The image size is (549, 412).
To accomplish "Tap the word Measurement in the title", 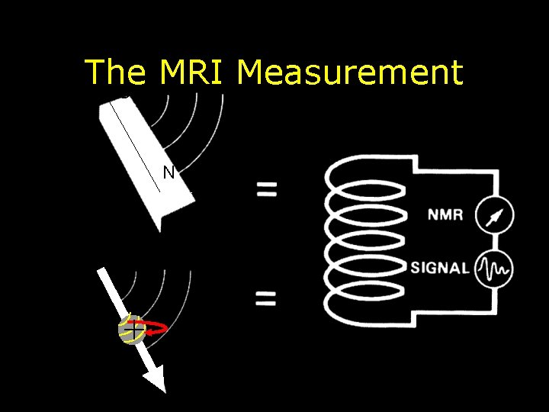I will (x=350, y=72).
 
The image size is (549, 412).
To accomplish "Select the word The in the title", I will (x=115, y=72).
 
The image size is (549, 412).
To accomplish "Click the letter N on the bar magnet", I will (x=169, y=172).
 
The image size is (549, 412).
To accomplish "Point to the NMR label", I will (x=445, y=214).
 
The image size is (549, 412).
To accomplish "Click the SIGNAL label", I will (x=439, y=268).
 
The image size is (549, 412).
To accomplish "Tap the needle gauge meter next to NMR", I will (x=494, y=216).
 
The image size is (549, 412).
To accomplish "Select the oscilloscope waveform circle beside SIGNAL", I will (x=494, y=268).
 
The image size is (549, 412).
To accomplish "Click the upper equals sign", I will (x=266, y=188).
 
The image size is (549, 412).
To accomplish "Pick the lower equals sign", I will (x=266, y=298).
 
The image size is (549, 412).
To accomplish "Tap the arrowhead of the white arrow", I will (x=155, y=377).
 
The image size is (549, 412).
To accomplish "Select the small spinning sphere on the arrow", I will (x=131, y=329).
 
